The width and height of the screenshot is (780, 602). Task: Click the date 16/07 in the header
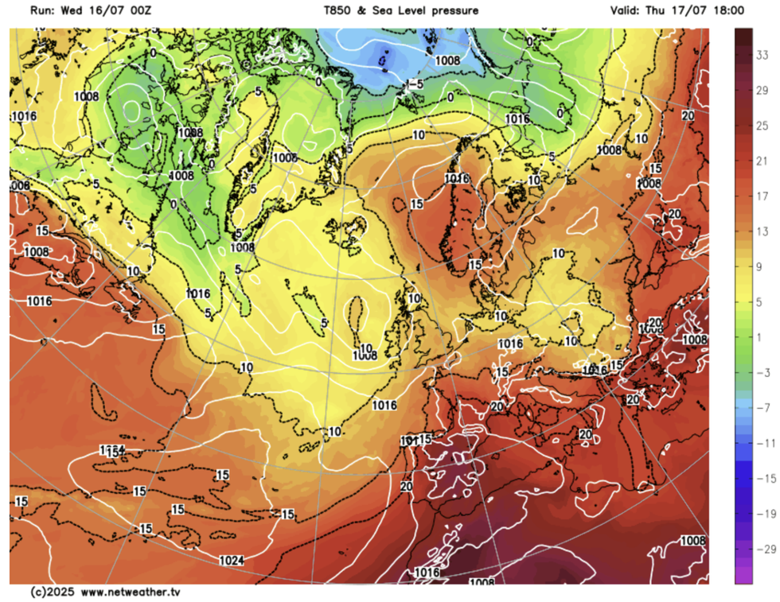(x=110, y=10)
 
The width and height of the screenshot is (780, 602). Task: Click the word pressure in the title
(x=451, y=10)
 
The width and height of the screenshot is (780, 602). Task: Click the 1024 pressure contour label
(x=231, y=561)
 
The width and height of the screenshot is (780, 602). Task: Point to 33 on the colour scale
(x=761, y=56)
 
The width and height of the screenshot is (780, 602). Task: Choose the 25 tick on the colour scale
(x=761, y=126)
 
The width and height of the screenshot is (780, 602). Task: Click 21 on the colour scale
(x=761, y=161)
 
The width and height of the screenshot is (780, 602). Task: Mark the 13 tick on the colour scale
(x=761, y=231)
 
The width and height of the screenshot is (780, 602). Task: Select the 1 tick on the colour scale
(x=762, y=337)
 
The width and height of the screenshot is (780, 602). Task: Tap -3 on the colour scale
(x=761, y=372)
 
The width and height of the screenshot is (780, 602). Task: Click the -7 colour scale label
(x=761, y=407)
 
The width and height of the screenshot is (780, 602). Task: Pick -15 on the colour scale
(x=761, y=478)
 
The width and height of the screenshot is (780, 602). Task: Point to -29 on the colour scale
(x=761, y=549)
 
